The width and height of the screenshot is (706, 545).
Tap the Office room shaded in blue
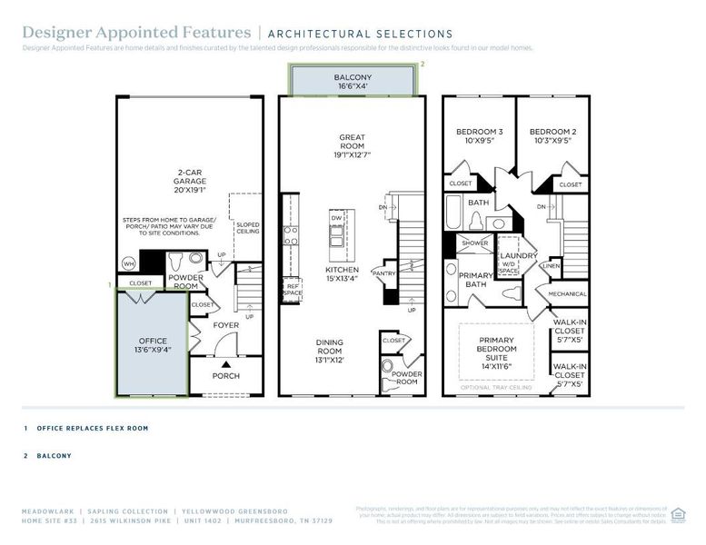pyautogui.click(x=152, y=345)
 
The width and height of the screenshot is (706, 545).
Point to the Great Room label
pyautogui.click(x=353, y=144)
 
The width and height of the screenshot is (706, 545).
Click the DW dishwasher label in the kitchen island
pyautogui.click(x=336, y=220)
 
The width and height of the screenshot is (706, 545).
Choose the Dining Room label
pyautogui.click(x=329, y=348)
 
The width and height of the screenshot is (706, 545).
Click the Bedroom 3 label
pyautogui.click(x=479, y=136)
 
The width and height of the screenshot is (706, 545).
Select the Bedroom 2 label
pyautogui.click(x=552, y=136)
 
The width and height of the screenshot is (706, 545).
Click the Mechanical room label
pyautogui.click(x=567, y=293)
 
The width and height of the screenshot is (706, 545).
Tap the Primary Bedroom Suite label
pyautogui.click(x=497, y=350)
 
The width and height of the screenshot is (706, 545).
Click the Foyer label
pyautogui.click(x=225, y=324)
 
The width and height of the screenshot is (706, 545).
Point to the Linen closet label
pyautogui.click(x=551, y=266)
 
